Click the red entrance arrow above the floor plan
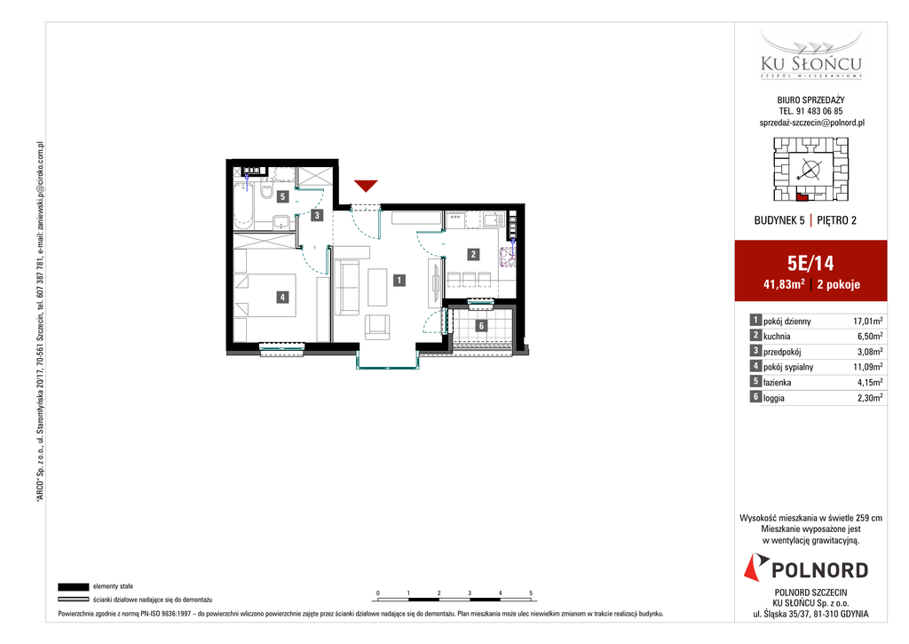[366, 186]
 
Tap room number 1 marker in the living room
[399, 280]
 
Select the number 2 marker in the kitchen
[474, 254]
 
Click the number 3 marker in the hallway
[317, 215]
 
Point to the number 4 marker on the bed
[282, 297]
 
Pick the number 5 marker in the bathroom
[282, 196]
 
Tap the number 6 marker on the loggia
[481, 326]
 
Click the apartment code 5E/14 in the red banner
[810, 264]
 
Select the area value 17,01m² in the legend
[868, 321]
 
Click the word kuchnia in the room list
[777, 337]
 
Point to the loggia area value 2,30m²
[870, 398]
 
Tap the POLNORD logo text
[819, 570]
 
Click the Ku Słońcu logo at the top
[811, 54]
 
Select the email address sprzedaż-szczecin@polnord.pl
[811, 123]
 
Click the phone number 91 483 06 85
[819, 111]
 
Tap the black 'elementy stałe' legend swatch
[74, 586]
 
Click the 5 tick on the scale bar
[531, 593]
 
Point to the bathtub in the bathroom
[243, 205]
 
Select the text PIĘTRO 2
[836, 220]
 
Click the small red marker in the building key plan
[802, 197]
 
